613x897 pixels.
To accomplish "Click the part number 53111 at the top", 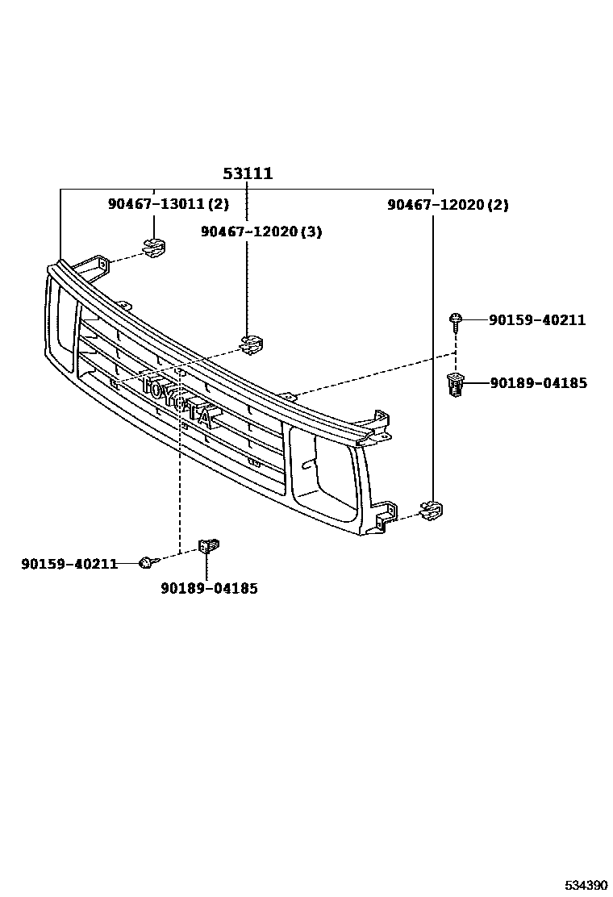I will (x=248, y=173).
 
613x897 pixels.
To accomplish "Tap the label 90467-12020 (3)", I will (x=261, y=232).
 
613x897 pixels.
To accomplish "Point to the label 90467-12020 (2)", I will (x=448, y=205).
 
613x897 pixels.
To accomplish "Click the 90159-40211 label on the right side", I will (x=537, y=320).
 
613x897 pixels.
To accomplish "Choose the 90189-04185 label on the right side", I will (x=538, y=383).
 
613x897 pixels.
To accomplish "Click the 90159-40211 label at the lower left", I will (x=69, y=563).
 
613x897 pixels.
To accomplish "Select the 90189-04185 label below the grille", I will (x=209, y=589).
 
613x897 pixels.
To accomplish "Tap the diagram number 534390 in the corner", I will (x=584, y=885).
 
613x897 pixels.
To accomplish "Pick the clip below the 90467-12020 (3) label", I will (x=252, y=344).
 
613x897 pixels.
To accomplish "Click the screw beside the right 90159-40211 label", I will (x=456, y=321).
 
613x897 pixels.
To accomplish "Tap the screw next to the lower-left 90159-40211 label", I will (x=146, y=561).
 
